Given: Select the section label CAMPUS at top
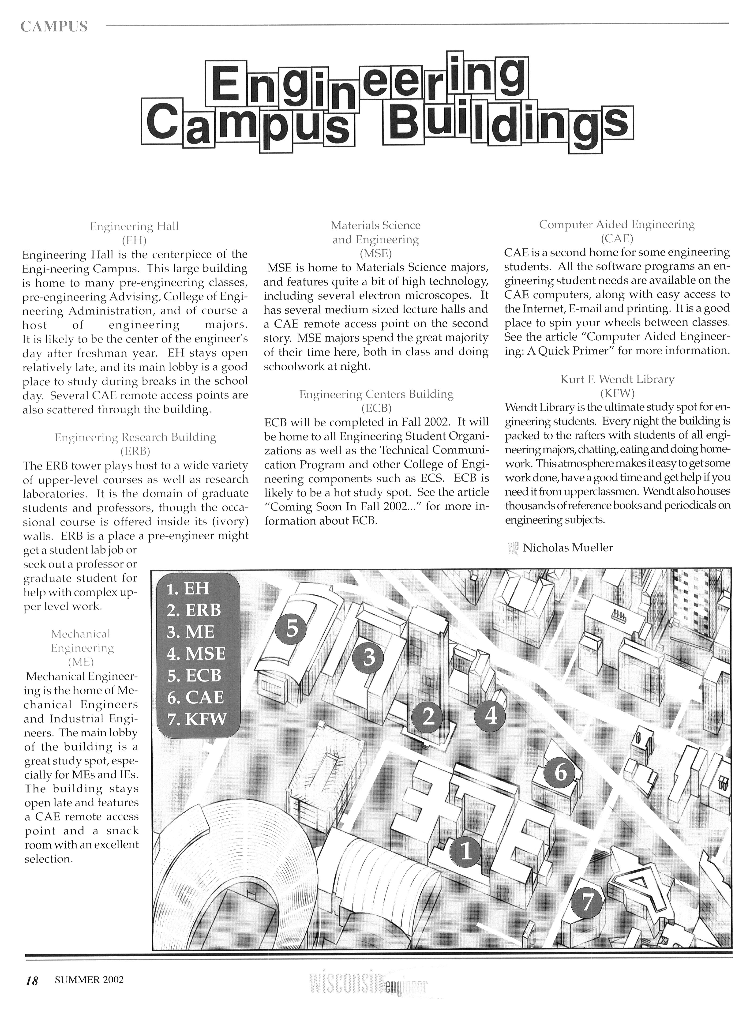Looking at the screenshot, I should click(x=54, y=27).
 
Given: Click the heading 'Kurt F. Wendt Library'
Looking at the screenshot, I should click(x=617, y=379).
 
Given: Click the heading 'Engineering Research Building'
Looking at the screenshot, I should click(x=135, y=437).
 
